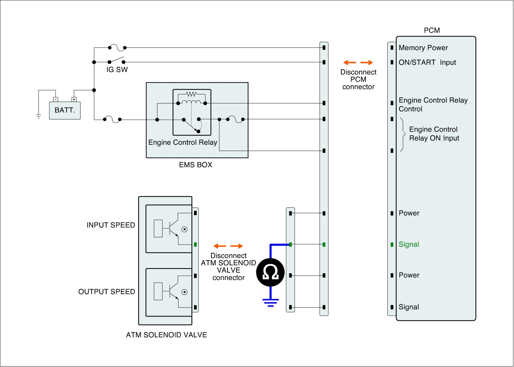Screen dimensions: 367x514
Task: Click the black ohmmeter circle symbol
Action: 270,273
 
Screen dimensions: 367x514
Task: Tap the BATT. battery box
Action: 65,110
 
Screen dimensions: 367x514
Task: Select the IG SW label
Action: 117,70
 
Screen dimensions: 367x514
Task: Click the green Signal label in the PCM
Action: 409,244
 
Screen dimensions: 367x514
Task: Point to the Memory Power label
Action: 423,48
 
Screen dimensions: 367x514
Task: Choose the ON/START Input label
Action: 427,63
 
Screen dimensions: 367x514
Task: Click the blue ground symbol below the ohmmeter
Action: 270,302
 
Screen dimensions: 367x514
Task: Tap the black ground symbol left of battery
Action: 39,117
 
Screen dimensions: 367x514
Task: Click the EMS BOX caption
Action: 195,165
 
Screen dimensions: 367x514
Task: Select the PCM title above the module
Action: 432,31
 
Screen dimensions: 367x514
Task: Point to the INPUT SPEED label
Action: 111,225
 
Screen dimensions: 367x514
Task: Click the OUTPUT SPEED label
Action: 107,292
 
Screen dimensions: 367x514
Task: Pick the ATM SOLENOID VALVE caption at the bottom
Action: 166,335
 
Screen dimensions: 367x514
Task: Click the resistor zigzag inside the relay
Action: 191,94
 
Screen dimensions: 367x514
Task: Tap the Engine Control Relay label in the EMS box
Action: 182,143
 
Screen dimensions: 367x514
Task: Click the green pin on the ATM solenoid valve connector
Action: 195,245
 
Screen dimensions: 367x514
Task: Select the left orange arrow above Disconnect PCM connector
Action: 350,63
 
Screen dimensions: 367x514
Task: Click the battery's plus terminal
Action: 74,100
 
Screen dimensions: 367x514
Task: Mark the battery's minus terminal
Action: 55,100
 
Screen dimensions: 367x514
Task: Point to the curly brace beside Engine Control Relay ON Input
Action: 403,135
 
